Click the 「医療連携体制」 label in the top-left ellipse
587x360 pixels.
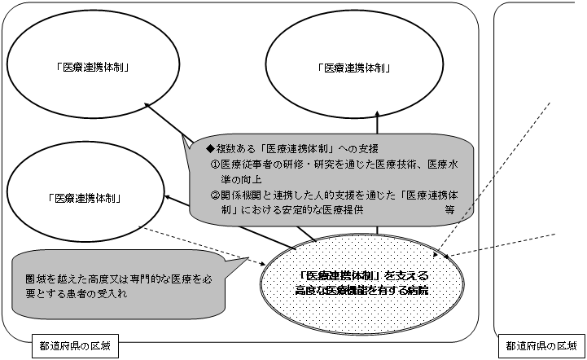(93, 68)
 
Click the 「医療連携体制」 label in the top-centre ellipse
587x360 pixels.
(354, 68)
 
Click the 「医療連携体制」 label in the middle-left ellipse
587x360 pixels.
(85, 198)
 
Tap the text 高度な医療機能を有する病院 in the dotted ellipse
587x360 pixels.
(361, 290)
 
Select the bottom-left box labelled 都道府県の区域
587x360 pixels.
(75, 346)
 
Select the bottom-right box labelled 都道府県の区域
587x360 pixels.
(541, 346)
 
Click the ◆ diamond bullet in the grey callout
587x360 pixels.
(210, 149)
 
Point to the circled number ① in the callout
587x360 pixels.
(214, 165)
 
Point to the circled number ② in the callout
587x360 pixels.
(214, 195)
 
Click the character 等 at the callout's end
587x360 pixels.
(449, 210)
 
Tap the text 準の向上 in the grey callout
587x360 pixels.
(241, 180)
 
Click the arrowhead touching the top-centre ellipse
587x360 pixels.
(378, 114)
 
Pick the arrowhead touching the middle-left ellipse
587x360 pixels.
(168, 196)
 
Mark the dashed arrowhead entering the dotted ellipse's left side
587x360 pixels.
(261, 263)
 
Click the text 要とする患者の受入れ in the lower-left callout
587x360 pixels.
(77, 294)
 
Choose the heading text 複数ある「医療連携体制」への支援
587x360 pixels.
(297, 149)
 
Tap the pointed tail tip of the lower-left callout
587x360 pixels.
(248, 257)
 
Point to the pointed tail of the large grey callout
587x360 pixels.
(183, 135)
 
